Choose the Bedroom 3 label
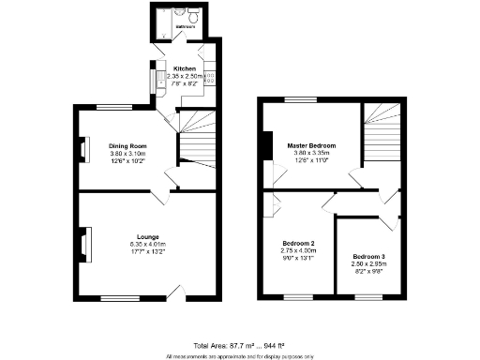click(369, 256)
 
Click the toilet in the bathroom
click(192, 15)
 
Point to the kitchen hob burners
click(210, 80)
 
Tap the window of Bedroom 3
click(367, 299)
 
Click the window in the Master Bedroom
click(299, 99)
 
